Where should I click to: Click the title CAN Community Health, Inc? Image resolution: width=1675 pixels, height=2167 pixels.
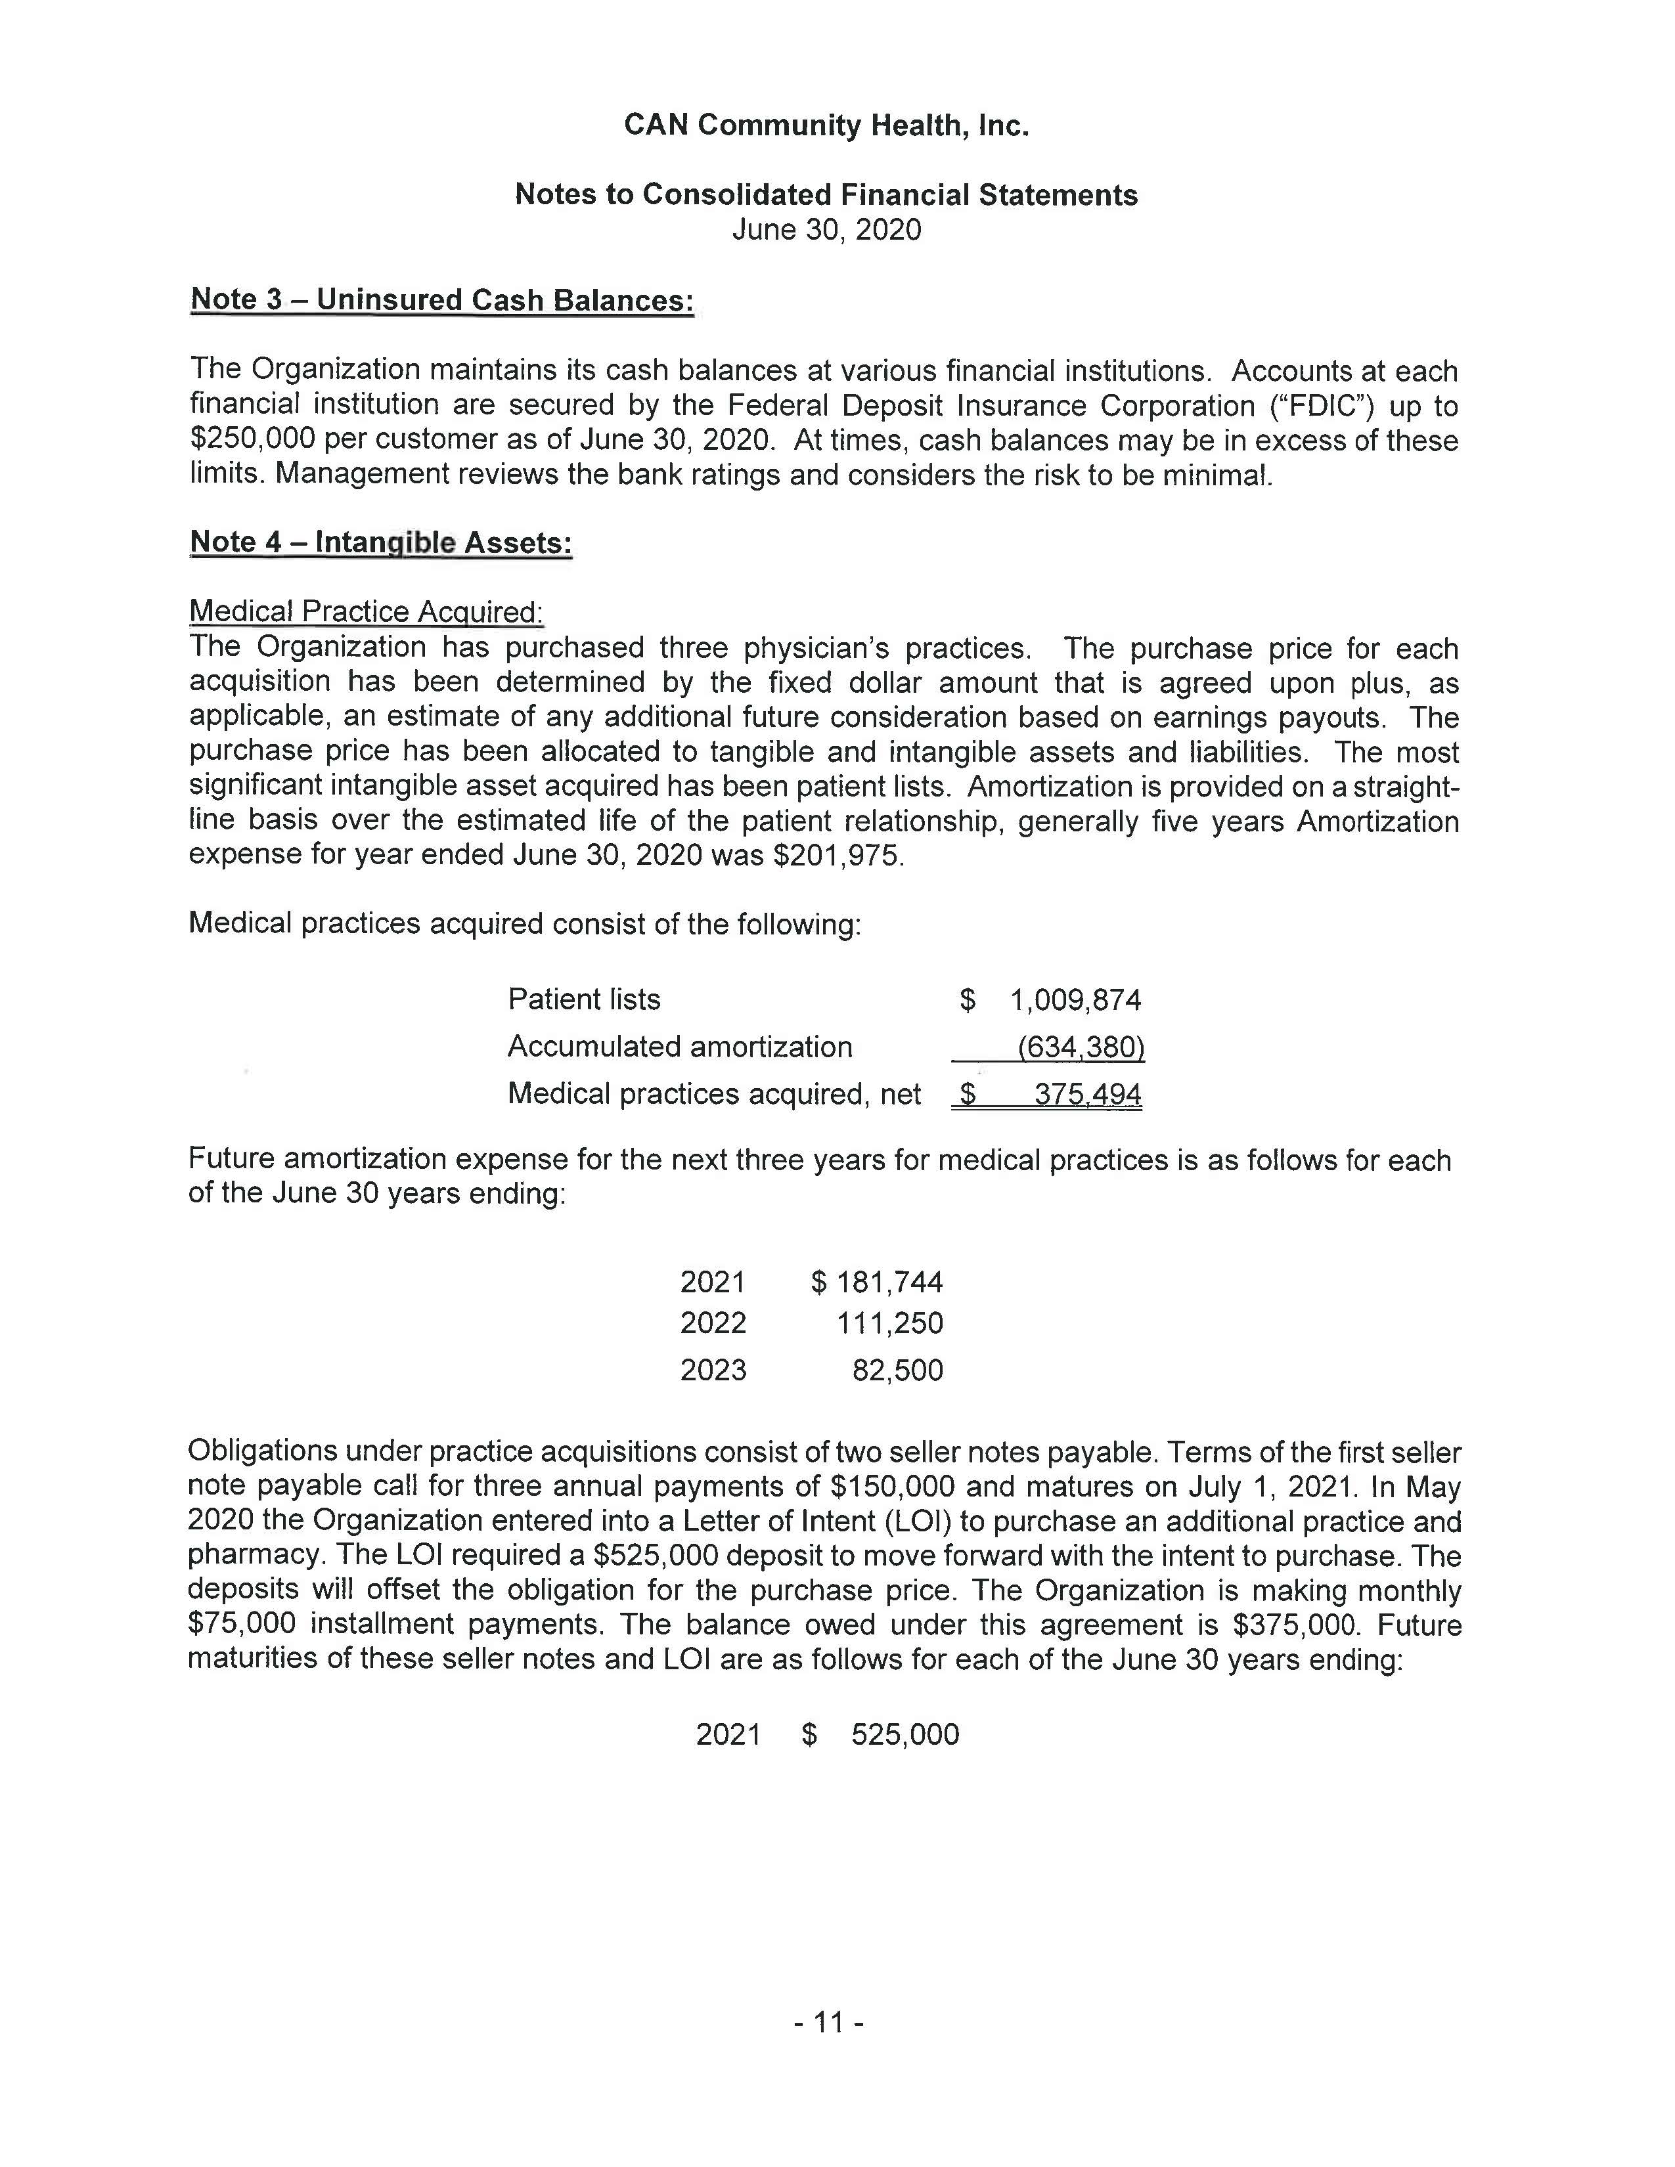pyautogui.click(x=826, y=126)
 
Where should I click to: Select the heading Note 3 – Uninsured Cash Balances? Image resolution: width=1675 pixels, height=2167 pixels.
pyautogui.click(x=441, y=299)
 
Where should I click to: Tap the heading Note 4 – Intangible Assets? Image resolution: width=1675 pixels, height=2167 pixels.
pyautogui.click(x=381, y=543)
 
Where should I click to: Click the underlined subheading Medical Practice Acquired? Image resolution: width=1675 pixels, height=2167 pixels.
pyautogui.click(x=366, y=611)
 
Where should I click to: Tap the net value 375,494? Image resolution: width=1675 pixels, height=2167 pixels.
pyautogui.click(x=1088, y=1095)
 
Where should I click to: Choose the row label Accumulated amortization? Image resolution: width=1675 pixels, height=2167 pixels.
pyautogui.click(x=680, y=1047)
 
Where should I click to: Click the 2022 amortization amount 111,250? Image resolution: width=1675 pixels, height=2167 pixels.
pyautogui.click(x=889, y=1324)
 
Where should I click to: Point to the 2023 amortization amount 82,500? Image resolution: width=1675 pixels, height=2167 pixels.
pyautogui.click(x=897, y=1371)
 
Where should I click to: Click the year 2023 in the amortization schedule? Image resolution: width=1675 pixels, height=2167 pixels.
pyautogui.click(x=713, y=1371)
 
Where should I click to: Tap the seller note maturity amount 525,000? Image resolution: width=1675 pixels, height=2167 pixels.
pyautogui.click(x=905, y=1734)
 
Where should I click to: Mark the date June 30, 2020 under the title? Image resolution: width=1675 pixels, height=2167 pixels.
pyautogui.click(x=826, y=230)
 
